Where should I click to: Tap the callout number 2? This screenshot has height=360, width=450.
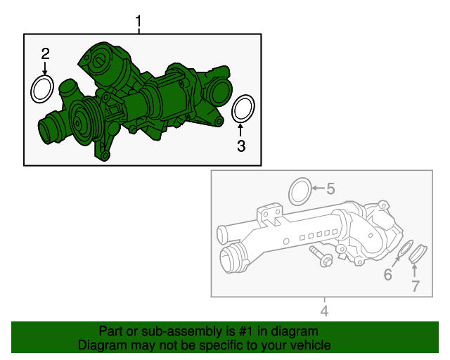(x=45, y=54)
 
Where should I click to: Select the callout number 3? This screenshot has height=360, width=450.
(x=240, y=146)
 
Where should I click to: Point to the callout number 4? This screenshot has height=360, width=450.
(x=324, y=310)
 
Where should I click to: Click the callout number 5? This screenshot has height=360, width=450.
(x=330, y=188)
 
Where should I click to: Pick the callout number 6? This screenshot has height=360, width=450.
(x=387, y=275)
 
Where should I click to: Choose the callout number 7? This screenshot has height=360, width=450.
(x=415, y=285)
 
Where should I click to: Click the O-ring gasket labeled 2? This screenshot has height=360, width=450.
(x=44, y=89)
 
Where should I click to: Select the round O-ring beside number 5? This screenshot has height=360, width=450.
(x=300, y=190)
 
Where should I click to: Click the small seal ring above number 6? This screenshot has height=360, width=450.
(x=404, y=251)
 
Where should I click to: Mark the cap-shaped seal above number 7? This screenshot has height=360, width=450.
(x=418, y=253)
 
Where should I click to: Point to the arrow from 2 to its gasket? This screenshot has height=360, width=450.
(x=45, y=69)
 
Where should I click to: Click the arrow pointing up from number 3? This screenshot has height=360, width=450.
(x=240, y=130)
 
